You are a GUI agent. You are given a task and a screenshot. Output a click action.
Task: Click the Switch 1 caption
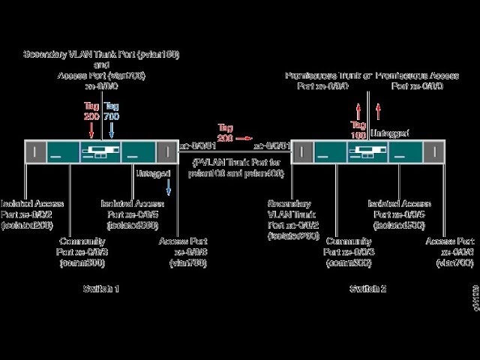coord(100,289)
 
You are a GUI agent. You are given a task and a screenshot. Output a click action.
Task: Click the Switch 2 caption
coord(367,289)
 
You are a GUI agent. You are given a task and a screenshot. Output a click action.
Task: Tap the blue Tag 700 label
coord(111,112)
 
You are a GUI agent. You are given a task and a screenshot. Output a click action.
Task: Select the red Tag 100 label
coord(358,130)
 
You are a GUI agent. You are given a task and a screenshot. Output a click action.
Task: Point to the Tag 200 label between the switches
coord(224,133)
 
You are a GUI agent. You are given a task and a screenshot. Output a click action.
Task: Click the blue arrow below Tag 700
coord(111,130)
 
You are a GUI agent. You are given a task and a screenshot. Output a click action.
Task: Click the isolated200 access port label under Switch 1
coord(32,214)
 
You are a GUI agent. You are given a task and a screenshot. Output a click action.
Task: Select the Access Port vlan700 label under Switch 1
coord(183,252)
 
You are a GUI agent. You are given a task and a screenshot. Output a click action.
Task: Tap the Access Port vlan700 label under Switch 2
coord(450,252)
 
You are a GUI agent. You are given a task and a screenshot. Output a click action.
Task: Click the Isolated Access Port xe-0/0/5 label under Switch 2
coord(399,214)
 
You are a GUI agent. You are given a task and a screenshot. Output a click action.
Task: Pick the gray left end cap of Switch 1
coord(34,151)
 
